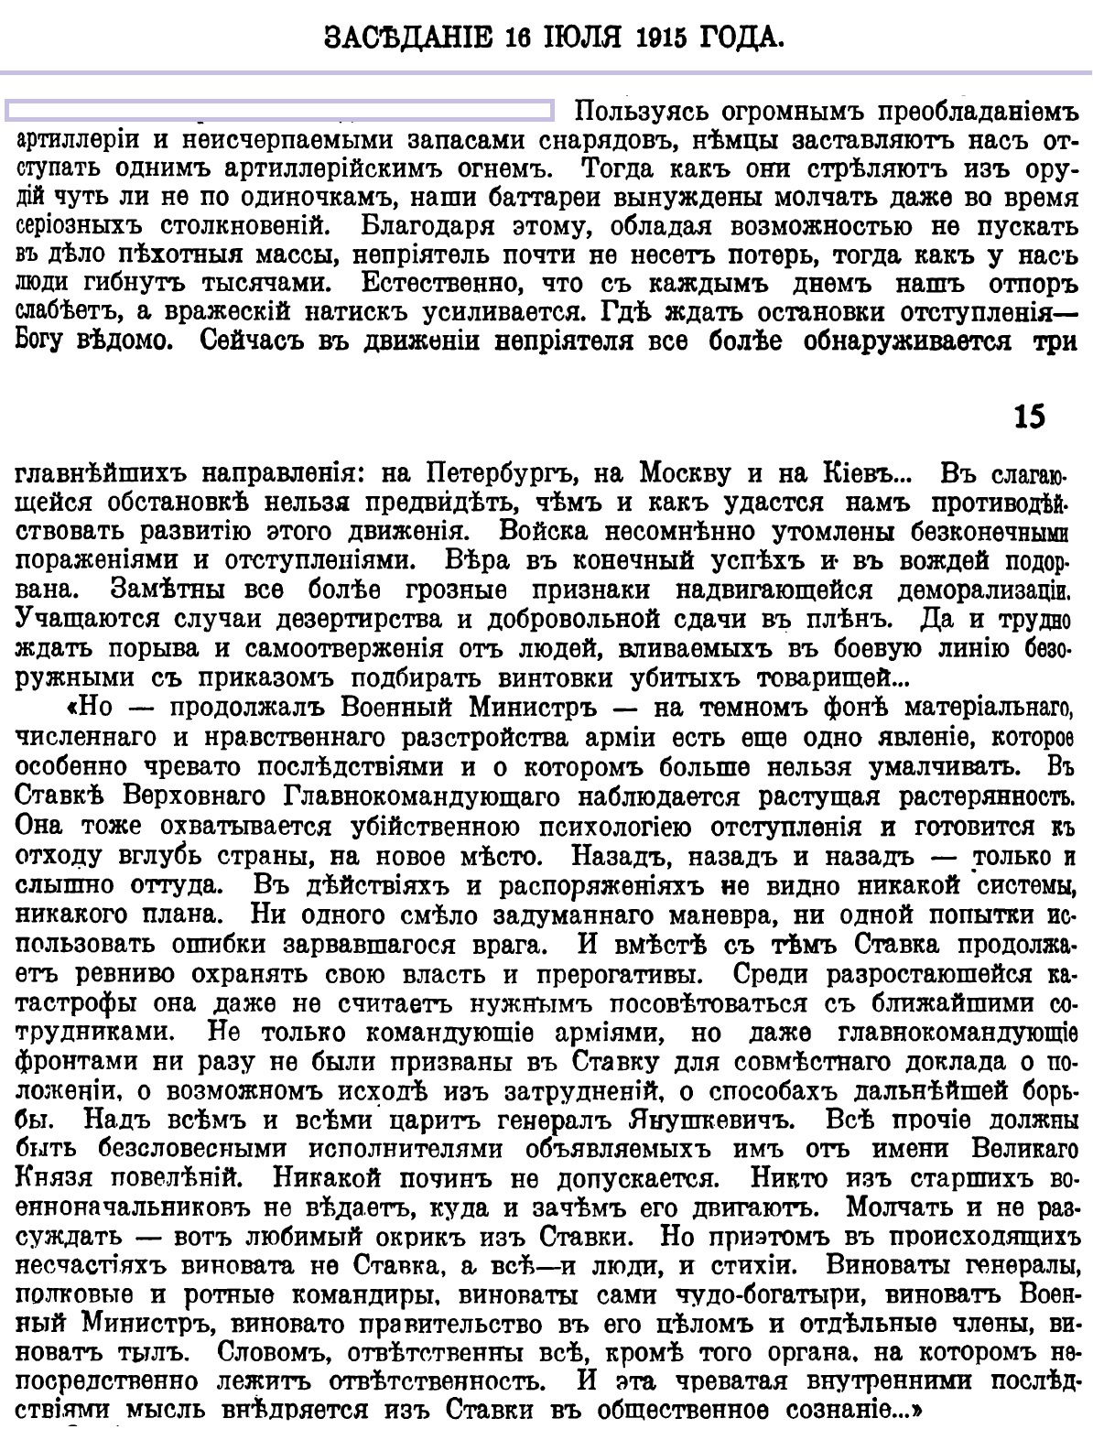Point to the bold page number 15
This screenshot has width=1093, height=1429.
(1028, 417)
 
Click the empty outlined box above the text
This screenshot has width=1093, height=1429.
(279, 111)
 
